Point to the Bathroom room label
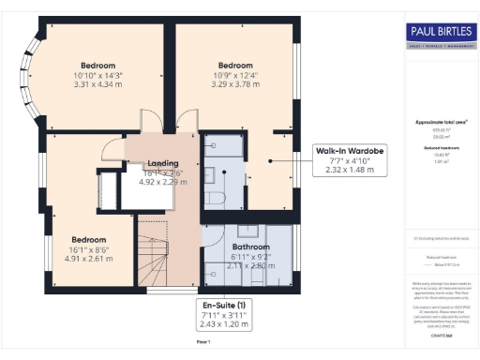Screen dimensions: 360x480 click(251, 232)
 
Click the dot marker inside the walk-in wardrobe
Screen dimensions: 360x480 click(271, 161)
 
